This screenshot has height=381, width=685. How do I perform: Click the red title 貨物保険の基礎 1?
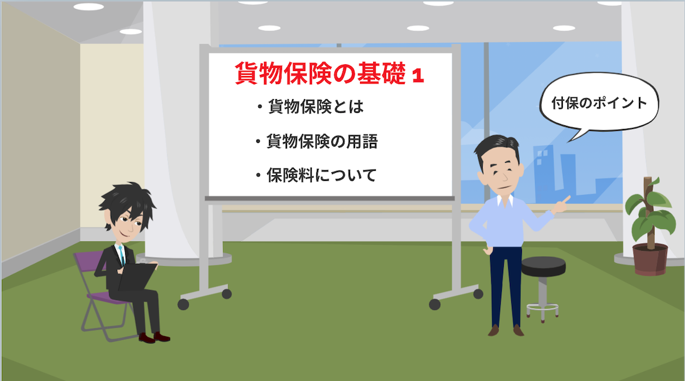[x=329, y=74]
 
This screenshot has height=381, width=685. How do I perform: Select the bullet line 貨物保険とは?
[x=311, y=106]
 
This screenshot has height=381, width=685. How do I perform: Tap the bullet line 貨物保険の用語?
[x=317, y=142]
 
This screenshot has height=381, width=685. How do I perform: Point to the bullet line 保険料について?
[x=316, y=175]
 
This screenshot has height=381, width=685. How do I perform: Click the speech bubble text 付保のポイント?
[x=599, y=103]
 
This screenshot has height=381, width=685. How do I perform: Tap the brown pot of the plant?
[x=651, y=259]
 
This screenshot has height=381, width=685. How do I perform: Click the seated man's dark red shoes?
[x=154, y=337]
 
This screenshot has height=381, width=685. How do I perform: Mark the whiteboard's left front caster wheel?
[x=184, y=304]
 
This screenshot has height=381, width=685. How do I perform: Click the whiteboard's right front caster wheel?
[x=435, y=304]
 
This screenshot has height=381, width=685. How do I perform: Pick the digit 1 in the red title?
[x=418, y=75]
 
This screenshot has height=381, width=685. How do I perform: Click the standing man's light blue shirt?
[x=507, y=221]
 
